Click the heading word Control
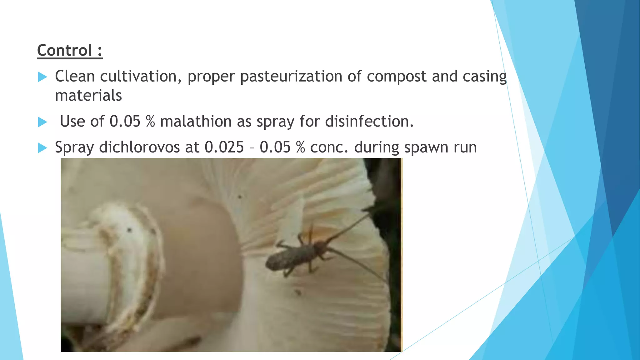(64, 50)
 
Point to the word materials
(88, 96)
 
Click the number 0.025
(224, 147)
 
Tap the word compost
(397, 77)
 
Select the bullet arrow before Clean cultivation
(42, 77)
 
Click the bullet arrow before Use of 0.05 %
(42, 122)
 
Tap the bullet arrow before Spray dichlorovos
(42, 148)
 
